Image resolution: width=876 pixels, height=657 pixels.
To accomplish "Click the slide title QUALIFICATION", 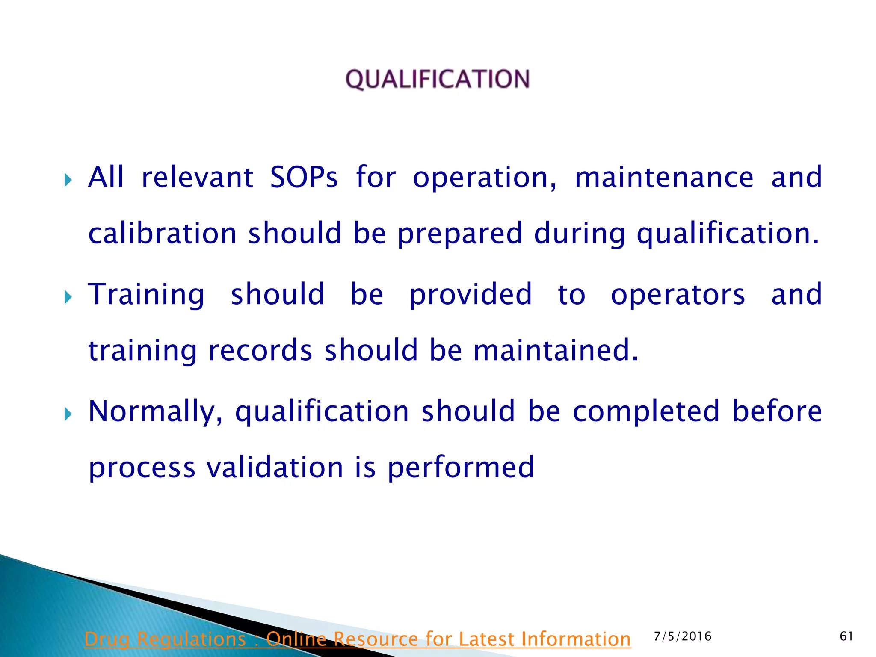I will (438, 80).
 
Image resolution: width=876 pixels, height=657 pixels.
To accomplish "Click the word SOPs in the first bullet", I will (304, 177).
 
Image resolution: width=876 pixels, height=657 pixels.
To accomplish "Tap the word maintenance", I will (664, 177).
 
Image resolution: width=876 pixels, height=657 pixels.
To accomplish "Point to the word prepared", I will (460, 234).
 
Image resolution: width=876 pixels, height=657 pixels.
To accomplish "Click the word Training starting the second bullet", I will (146, 294).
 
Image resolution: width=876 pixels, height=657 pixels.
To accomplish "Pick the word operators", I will (678, 294).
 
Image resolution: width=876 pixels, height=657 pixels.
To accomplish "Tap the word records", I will (260, 350).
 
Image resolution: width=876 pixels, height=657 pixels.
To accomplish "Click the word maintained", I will (556, 350).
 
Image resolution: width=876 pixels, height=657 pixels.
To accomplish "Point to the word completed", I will (646, 411).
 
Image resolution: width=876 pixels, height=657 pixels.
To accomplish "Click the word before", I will (777, 411).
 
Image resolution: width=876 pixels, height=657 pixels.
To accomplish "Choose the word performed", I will (461, 468).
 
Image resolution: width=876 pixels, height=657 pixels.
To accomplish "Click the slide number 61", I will (846, 636).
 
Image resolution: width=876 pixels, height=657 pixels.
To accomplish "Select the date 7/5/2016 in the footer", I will (683, 636).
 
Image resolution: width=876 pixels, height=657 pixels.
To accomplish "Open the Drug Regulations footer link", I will (358, 639).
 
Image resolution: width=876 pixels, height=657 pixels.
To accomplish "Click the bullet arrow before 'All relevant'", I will (68, 180).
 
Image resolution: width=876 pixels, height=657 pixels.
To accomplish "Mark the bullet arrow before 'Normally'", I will (68, 414).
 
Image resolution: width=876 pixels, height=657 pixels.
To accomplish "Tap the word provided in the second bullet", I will (471, 295).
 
